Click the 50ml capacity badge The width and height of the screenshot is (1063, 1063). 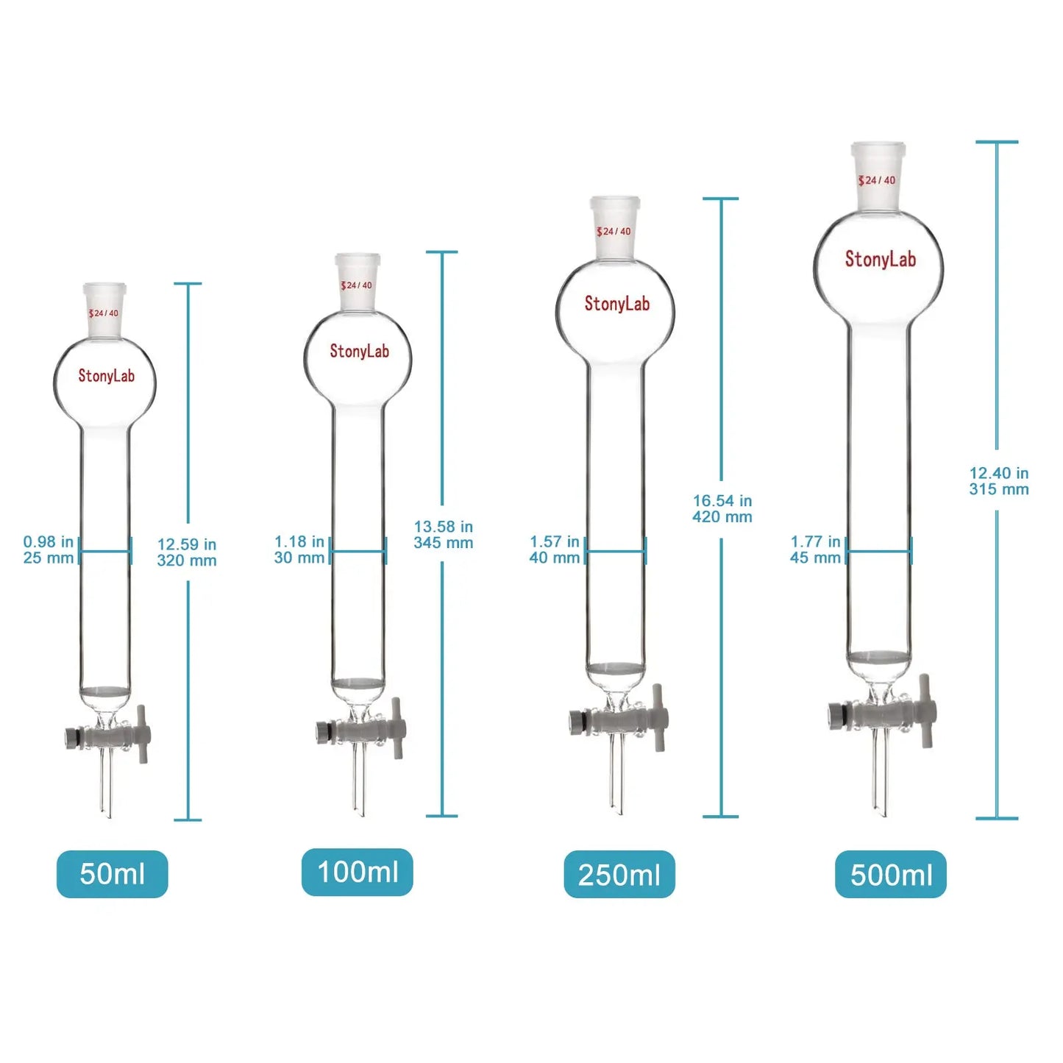point(112,874)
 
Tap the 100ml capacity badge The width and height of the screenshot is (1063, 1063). point(358,872)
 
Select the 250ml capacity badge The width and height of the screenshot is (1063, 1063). point(619,875)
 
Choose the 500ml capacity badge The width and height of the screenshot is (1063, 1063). point(891,875)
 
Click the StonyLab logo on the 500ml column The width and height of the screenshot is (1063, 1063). point(880,259)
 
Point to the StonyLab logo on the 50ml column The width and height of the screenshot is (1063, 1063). point(107,376)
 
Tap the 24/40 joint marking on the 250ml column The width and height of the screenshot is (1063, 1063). point(614,232)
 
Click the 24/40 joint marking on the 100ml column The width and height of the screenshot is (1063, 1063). point(357,285)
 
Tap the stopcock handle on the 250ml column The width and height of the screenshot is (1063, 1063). point(659,717)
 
